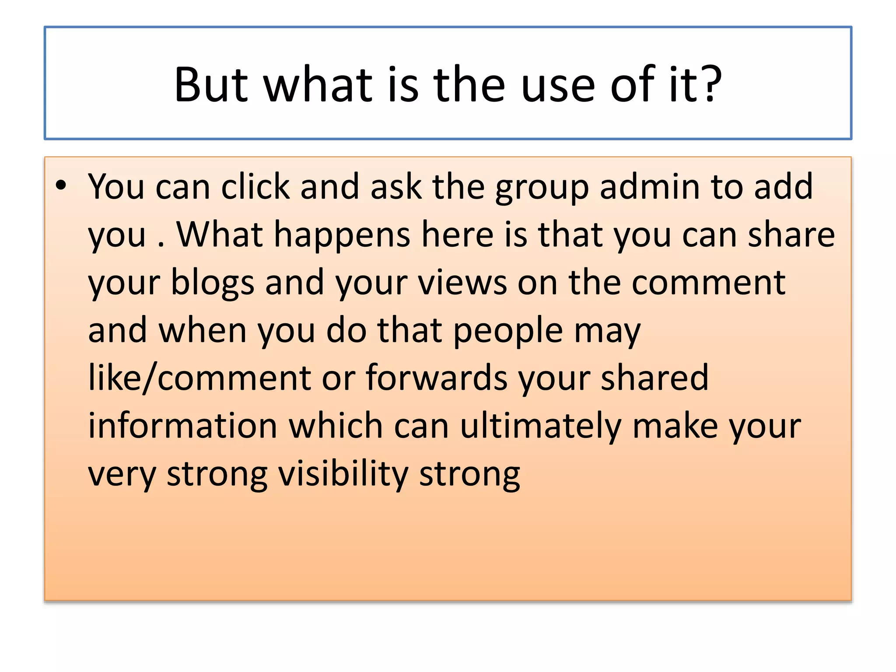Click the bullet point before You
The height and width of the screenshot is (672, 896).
(x=61, y=185)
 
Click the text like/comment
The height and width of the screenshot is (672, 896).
(x=199, y=378)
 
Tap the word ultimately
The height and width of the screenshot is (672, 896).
(x=540, y=427)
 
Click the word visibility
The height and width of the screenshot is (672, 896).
(x=343, y=475)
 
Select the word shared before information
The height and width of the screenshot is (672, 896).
(x=654, y=378)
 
